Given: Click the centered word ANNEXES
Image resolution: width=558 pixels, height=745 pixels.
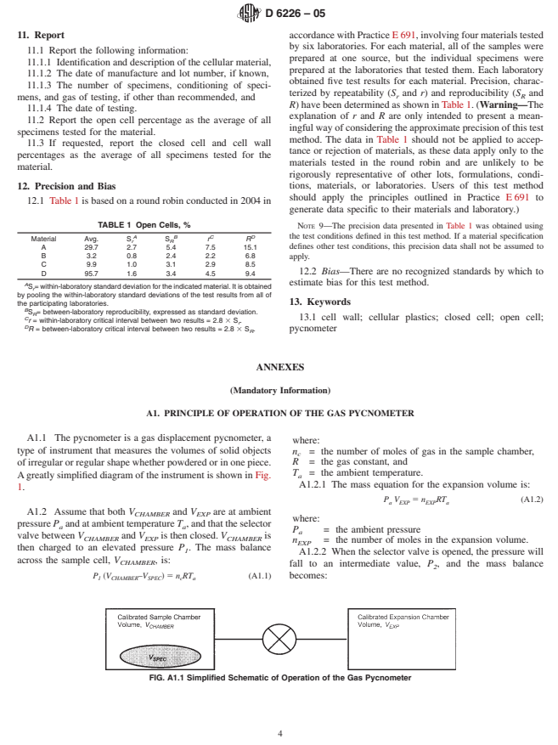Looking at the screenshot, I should (279, 366).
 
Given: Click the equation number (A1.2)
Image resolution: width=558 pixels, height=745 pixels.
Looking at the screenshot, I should (531, 499).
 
